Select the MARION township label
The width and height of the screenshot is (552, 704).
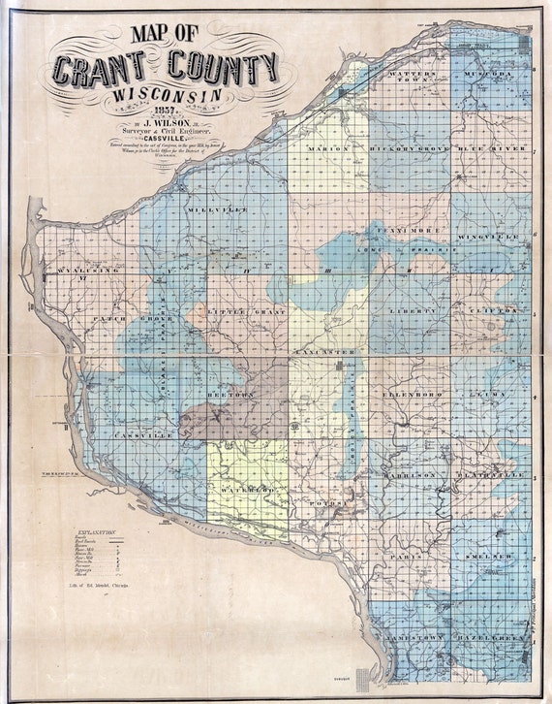click(x=327, y=148)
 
